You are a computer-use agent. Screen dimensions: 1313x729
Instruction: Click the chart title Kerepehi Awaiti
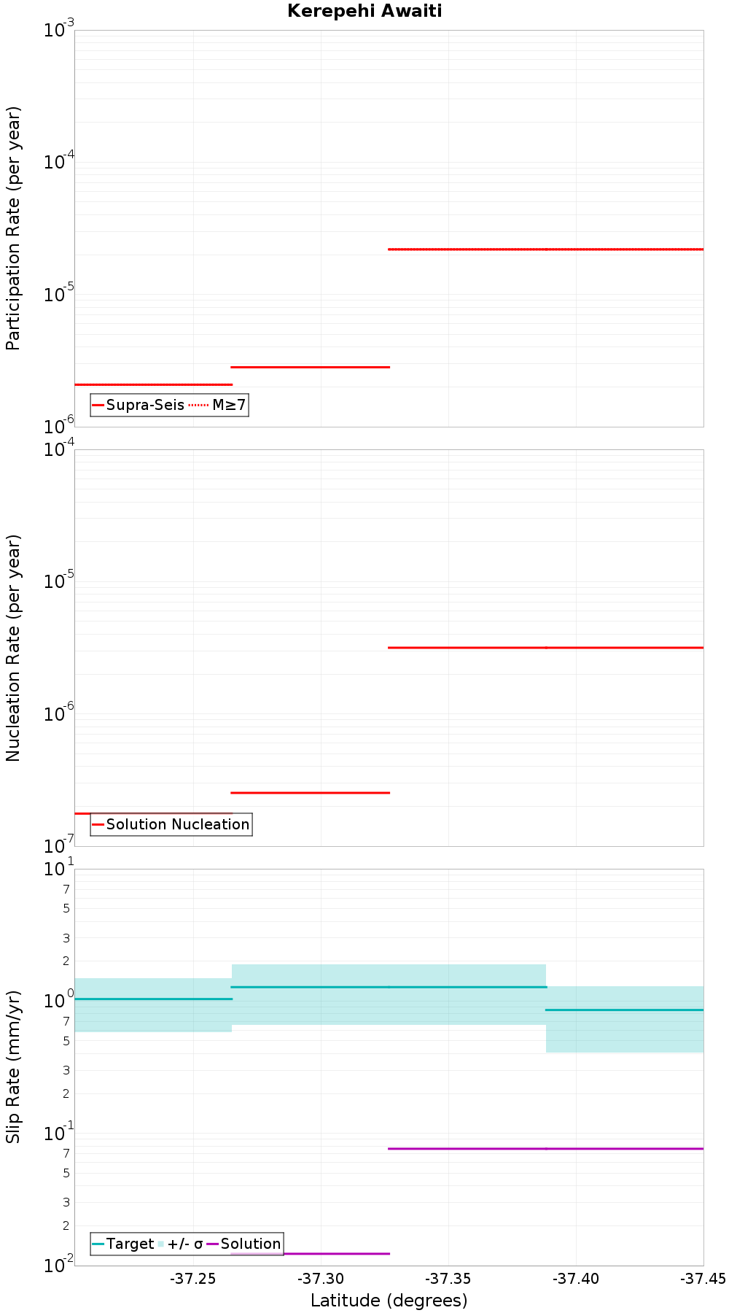(x=364, y=11)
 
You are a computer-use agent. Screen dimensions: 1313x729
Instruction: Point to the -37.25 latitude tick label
(x=193, y=1279)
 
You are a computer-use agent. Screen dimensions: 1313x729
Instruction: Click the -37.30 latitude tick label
(x=321, y=1279)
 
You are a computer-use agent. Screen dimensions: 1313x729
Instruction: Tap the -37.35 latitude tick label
(x=448, y=1279)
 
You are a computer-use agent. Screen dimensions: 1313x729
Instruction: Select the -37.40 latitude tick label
(x=576, y=1279)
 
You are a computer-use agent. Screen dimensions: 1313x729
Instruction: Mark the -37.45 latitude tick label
(x=703, y=1279)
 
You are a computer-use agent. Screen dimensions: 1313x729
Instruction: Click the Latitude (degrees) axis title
(x=389, y=1301)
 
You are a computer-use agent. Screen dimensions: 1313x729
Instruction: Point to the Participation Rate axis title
(x=13, y=228)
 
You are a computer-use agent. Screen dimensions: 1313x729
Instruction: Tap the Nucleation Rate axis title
(x=13, y=648)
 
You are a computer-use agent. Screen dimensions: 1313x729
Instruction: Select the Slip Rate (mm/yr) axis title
(x=13, y=1066)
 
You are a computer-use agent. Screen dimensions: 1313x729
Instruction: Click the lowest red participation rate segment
(x=153, y=384)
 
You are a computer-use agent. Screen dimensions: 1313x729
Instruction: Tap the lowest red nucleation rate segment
(x=153, y=813)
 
